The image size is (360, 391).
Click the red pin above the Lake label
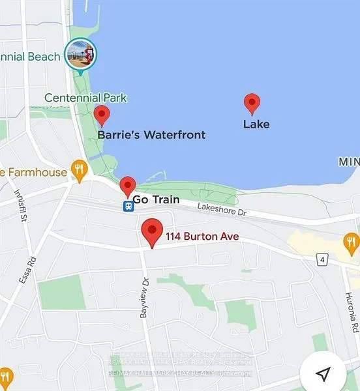[252, 104]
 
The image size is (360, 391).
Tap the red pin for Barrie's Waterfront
[102, 115]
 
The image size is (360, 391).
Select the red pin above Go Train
[128, 186]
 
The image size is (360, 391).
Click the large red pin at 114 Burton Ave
[152, 231]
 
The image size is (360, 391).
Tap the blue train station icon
[129, 206]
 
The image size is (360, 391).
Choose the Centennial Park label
[85, 98]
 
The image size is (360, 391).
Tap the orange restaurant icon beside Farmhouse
[80, 171]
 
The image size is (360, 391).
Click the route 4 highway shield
[322, 260]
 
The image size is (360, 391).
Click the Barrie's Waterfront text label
[151, 135]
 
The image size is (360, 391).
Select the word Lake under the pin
[256, 124]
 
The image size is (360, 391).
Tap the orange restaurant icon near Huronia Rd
[351, 244]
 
